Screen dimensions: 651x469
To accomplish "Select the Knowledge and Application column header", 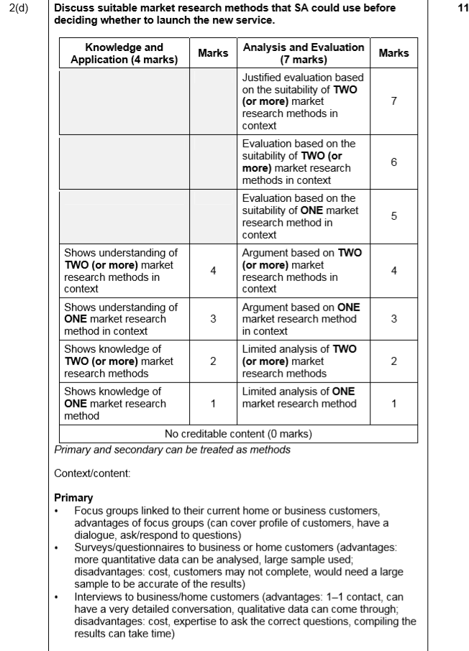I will [x=124, y=53].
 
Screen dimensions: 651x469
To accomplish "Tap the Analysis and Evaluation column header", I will [x=304, y=53].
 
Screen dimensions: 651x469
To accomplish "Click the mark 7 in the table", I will [x=393, y=101].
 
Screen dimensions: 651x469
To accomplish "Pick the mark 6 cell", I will [x=393, y=162].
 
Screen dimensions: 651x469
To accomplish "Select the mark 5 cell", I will [x=393, y=216].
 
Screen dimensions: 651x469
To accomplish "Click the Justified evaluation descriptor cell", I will [x=303, y=101].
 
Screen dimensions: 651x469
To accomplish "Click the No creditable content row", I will [x=238, y=434].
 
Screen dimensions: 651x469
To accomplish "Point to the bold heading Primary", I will [x=73, y=497].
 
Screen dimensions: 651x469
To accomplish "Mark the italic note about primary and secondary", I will [x=172, y=449].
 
